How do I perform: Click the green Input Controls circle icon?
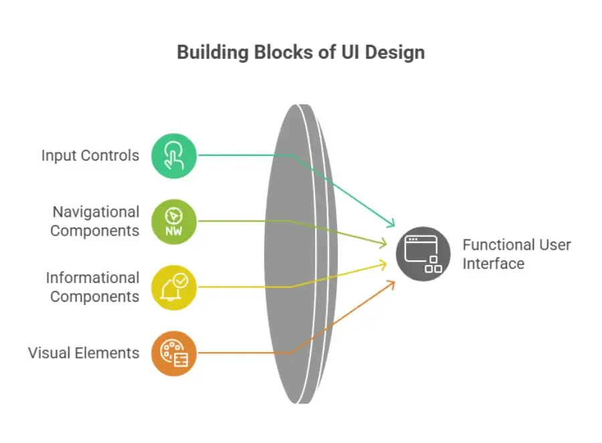tap(174, 156)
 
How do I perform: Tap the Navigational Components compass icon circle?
tap(174, 221)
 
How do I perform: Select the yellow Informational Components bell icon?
tap(174, 287)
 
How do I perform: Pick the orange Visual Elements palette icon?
tap(174, 353)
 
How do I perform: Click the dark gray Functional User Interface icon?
tap(423, 254)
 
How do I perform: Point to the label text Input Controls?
tap(90, 156)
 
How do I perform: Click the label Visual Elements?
tap(84, 353)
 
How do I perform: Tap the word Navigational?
tap(96, 212)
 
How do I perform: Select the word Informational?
tap(92, 278)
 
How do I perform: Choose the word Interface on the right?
tap(494, 264)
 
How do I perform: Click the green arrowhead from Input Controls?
tap(391, 223)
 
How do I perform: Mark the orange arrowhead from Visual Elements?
tap(391, 284)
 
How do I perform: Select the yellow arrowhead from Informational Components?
tap(383, 264)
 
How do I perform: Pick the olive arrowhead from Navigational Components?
tap(383, 243)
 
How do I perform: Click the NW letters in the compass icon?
tap(173, 231)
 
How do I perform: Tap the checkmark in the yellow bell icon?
tap(181, 280)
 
